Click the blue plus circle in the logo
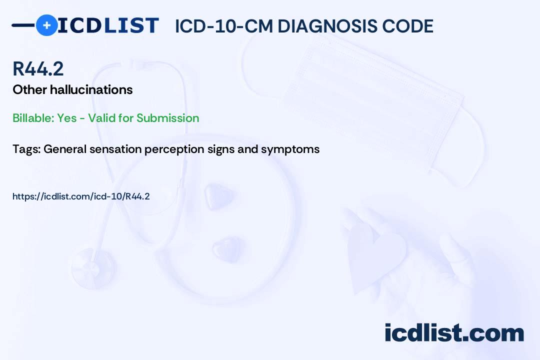(x=46, y=25)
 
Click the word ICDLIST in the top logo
(x=108, y=25)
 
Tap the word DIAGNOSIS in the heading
(x=327, y=26)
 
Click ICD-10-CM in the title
(x=224, y=26)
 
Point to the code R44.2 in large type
(x=38, y=68)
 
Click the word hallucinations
(x=91, y=89)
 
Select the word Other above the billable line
(x=29, y=89)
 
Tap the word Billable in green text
(x=33, y=118)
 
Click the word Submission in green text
(x=167, y=118)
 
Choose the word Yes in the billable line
(x=67, y=118)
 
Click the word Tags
(x=26, y=149)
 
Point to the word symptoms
(x=290, y=149)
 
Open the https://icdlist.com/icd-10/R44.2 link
(x=81, y=196)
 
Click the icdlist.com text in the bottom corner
(x=454, y=333)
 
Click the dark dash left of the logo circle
(x=23, y=25)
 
